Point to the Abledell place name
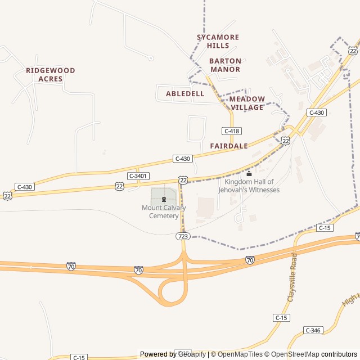pyautogui.click(x=185, y=93)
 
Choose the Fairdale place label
pyautogui.click(x=229, y=146)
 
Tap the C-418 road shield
pyautogui.click(x=232, y=131)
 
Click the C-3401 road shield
pyautogui.click(x=138, y=176)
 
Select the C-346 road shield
pyautogui.click(x=312, y=330)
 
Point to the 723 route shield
pyautogui.click(x=182, y=237)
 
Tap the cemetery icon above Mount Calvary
pyautogui.click(x=164, y=199)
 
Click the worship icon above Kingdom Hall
pyautogui.click(x=249, y=173)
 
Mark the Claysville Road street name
pyautogui.click(x=292, y=277)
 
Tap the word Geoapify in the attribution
pyautogui.click(x=191, y=354)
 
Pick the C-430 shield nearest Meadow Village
pyautogui.click(x=317, y=112)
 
